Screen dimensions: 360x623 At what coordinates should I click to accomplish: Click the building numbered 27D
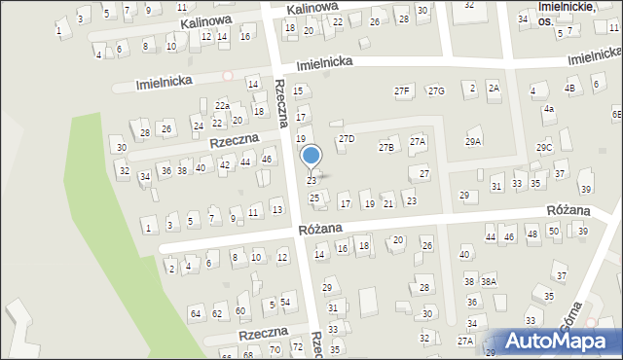click(347, 139)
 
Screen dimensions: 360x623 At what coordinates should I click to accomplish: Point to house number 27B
click(386, 147)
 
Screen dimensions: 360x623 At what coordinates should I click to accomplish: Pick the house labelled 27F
click(403, 90)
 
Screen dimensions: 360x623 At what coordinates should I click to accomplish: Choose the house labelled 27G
click(436, 90)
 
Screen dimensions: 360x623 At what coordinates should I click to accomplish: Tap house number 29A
click(473, 142)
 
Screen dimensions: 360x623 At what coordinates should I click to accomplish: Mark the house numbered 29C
click(544, 147)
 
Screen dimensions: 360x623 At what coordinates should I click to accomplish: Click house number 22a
click(222, 105)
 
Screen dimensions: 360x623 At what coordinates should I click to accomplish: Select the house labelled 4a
click(549, 109)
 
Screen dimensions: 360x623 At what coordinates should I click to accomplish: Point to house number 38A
click(488, 281)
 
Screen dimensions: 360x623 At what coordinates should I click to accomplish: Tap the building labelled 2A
click(494, 89)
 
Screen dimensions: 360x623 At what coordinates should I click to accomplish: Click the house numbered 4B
click(570, 88)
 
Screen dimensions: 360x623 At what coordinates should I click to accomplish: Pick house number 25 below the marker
click(314, 198)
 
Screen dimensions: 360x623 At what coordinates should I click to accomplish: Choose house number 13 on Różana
click(276, 208)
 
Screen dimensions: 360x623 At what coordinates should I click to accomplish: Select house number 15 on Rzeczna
click(298, 90)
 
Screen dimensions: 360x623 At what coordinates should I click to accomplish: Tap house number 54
click(285, 302)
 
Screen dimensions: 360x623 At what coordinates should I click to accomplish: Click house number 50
click(553, 231)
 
